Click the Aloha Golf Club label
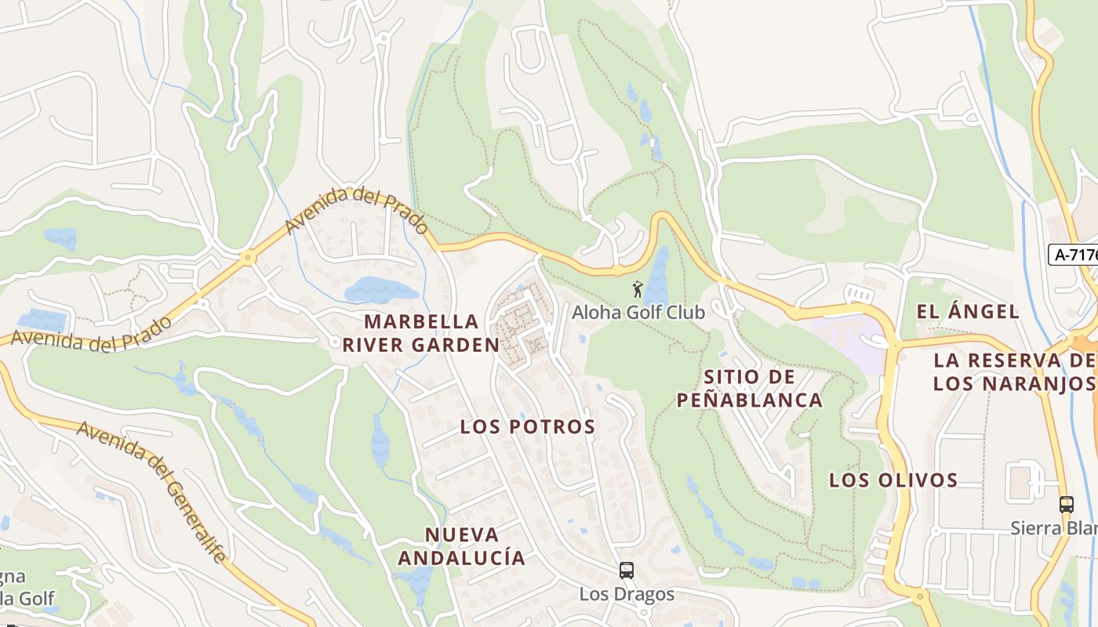(638, 312)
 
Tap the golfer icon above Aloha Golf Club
(637, 289)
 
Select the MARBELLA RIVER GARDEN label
(431, 333)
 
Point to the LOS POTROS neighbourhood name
(528, 427)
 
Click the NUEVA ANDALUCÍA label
(461, 546)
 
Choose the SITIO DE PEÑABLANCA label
(749, 389)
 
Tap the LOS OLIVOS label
(893, 480)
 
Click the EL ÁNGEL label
(968, 312)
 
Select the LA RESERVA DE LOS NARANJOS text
(1014, 372)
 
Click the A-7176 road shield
(1074, 255)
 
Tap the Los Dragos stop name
(627, 594)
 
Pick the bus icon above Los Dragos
(626, 571)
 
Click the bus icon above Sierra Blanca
(1067, 505)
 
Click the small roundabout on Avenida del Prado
(249, 256)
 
